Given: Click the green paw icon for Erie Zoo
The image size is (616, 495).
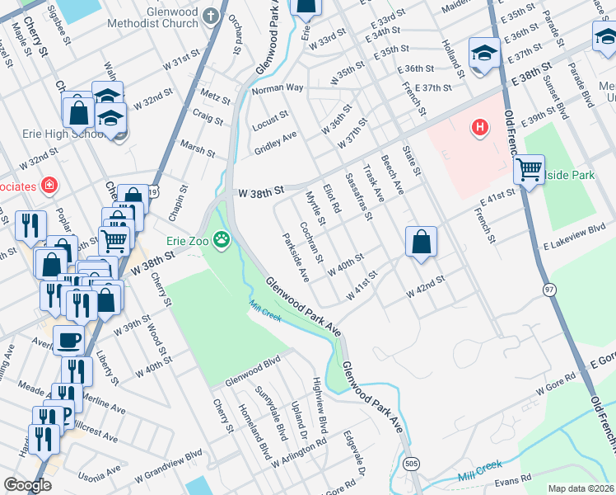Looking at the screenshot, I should (x=221, y=241).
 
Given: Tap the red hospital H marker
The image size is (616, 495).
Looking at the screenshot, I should (x=478, y=128).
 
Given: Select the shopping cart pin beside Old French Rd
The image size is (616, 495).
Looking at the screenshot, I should (x=529, y=170).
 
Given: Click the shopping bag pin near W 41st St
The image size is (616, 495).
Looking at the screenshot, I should (x=421, y=241).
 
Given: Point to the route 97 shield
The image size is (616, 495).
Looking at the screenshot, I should (x=548, y=290).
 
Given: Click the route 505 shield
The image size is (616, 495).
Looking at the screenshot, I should (x=411, y=464).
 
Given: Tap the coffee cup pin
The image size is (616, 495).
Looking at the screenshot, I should (x=68, y=338).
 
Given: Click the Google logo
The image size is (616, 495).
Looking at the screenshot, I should (x=27, y=485).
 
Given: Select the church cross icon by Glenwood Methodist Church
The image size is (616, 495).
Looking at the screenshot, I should (x=211, y=14).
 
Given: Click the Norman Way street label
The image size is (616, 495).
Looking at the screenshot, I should (x=278, y=87).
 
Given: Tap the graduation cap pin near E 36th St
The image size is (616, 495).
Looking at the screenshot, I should (x=484, y=53).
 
